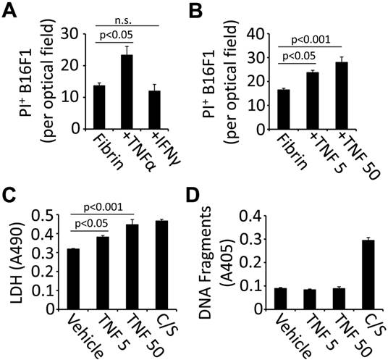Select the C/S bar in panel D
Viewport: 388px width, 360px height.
(x=348, y=276)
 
